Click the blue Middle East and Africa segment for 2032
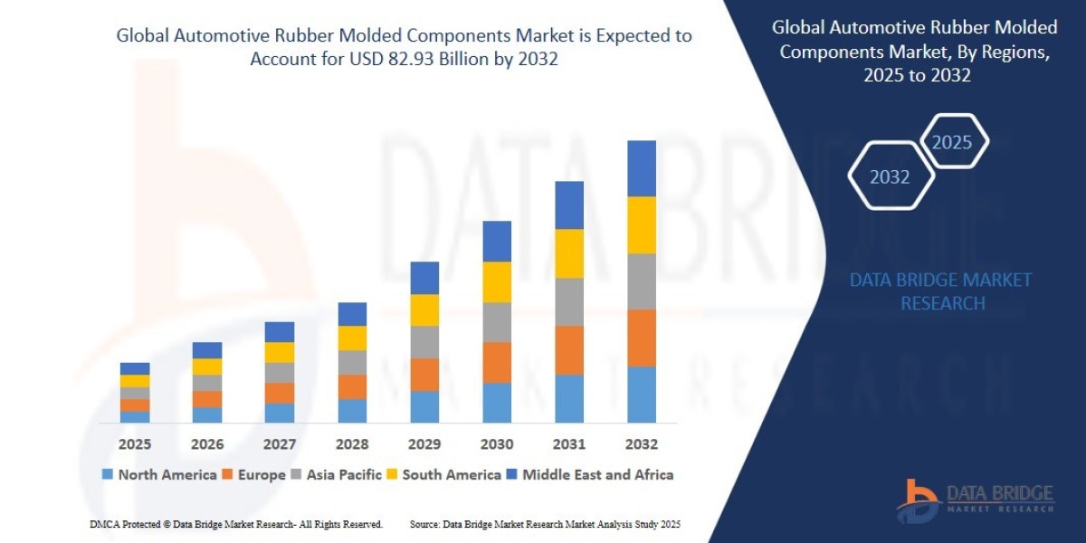point(641,168)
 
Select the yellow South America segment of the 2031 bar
point(569,253)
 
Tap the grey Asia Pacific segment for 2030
point(497,322)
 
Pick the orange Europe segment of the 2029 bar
point(424,375)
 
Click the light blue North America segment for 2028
point(352,411)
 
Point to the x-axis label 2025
point(134,444)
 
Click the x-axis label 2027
point(280,444)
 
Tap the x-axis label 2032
point(641,444)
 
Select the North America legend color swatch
point(109,475)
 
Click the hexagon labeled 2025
point(952,142)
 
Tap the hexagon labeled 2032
point(890,177)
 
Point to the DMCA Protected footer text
point(236,524)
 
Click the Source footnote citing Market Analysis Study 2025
point(545,524)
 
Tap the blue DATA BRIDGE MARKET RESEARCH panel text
point(941,291)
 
